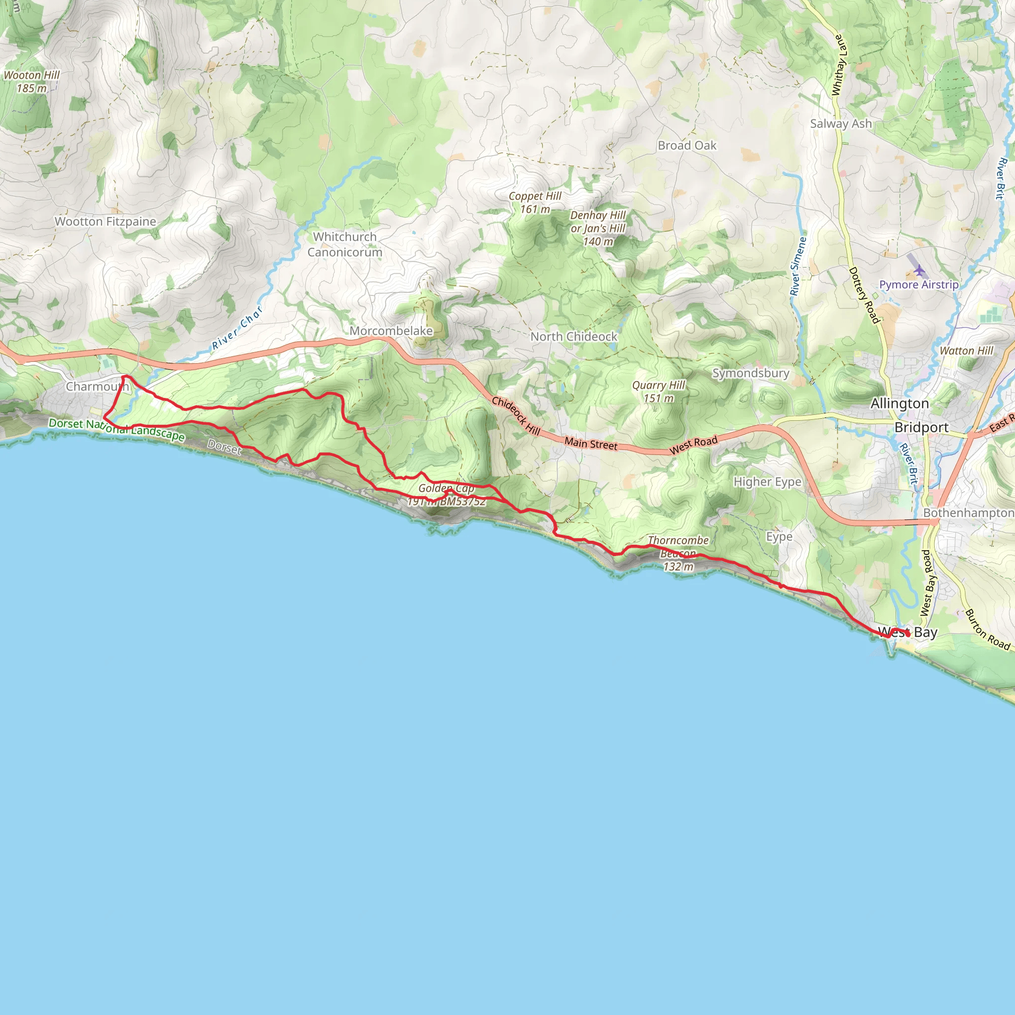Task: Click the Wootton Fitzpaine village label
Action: click(106, 222)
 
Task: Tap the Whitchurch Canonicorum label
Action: click(344, 245)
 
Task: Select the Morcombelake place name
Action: click(391, 331)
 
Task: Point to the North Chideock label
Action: click(574, 337)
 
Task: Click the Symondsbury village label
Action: click(751, 373)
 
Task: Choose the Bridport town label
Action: click(921, 428)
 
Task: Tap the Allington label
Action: click(900, 403)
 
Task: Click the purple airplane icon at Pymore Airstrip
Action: click(919, 271)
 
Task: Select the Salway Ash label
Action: click(841, 124)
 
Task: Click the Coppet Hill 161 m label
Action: click(535, 202)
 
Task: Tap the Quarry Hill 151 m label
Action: click(659, 392)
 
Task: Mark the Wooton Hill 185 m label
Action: click(32, 81)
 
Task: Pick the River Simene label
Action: click(798, 266)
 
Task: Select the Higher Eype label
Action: click(768, 482)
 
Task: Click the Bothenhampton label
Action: click(969, 513)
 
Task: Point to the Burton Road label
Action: click(987, 630)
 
